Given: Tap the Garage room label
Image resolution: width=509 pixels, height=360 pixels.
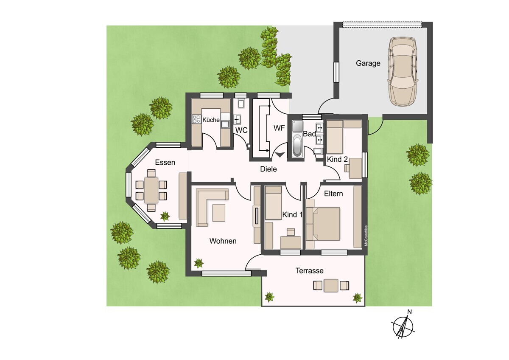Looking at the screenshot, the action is [x=368, y=63].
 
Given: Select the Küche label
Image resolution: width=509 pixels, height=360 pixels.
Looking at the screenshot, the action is [x=211, y=120].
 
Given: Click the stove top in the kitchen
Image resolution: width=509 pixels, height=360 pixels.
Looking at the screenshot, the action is [x=196, y=119].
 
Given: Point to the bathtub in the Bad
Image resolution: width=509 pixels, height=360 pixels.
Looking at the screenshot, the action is [x=297, y=146].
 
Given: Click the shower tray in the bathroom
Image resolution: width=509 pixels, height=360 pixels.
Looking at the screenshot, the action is [x=297, y=126].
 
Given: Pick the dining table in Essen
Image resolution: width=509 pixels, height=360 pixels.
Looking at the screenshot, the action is [x=151, y=190].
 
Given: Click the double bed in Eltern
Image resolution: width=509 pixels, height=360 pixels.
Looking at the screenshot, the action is [x=323, y=224].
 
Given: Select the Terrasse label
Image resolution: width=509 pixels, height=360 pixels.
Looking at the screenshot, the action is [x=309, y=270].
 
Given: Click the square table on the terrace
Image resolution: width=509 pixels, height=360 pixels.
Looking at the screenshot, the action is [x=331, y=285].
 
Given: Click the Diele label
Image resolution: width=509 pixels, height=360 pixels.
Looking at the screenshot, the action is [x=268, y=169].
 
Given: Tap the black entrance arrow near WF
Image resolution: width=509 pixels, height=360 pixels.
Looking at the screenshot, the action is [x=280, y=155].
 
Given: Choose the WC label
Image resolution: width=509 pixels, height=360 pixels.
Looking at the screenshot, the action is [x=241, y=130].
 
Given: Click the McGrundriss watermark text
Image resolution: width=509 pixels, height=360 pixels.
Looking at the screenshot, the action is [x=366, y=236].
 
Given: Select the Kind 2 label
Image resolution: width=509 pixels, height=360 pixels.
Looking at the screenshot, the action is [x=337, y=160].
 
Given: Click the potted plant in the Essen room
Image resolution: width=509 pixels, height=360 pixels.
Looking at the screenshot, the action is [x=165, y=216].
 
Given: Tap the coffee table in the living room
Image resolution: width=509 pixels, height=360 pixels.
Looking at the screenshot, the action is [x=219, y=213].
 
